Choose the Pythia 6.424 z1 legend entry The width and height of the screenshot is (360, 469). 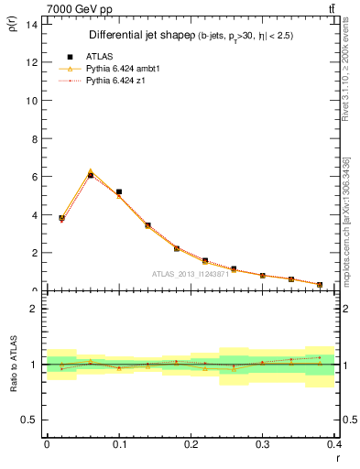coord(111,80)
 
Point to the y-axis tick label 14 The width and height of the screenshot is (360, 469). coord(31,24)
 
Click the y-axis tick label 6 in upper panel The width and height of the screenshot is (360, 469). coord(34,176)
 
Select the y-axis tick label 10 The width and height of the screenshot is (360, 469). coord(31,100)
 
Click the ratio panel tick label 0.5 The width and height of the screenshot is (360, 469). coord(29,420)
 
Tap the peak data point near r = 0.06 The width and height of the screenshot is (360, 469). coord(90,174)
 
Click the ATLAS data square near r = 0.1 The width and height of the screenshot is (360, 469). coord(119,192)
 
